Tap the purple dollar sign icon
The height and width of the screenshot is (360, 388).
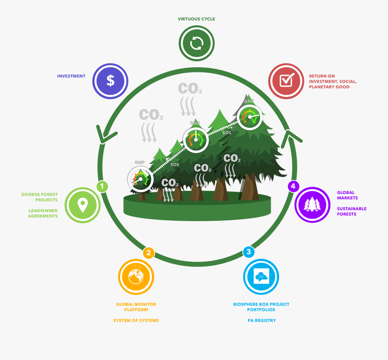[111, 81]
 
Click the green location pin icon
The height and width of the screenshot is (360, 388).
[82, 205]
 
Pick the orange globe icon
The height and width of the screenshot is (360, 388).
[136, 276]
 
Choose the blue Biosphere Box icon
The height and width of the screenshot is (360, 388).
[261, 276]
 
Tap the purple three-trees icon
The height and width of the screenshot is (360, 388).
[312, 204]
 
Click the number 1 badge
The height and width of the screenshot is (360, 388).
[102, 186]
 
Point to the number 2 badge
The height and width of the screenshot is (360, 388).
[148, 253]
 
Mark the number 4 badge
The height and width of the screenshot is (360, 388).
[293, 186]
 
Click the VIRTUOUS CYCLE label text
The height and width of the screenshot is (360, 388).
[197, 19]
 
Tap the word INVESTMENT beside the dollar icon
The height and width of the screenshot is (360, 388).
[71, 76]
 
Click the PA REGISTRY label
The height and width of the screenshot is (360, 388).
[262, 320]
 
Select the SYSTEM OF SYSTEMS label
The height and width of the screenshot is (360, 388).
[136, 320]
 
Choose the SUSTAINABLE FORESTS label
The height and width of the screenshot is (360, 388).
[352, 211]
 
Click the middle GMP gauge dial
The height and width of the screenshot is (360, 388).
[196, 139]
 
